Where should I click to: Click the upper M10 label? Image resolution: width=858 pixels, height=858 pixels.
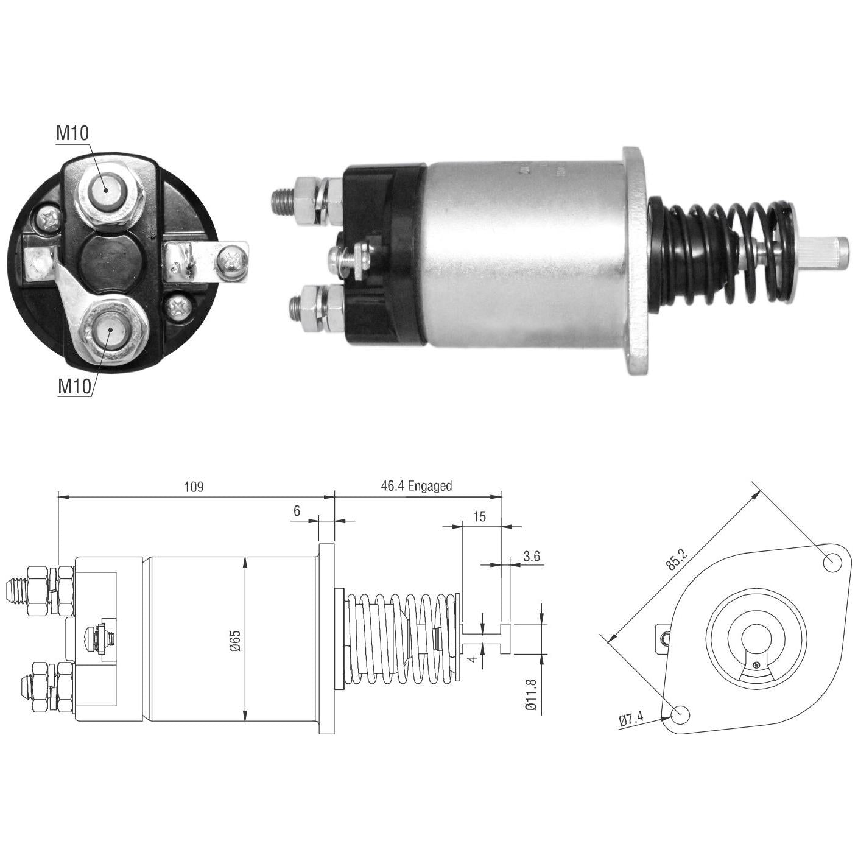[72, 133]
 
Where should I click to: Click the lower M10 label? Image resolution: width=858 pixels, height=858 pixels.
[75, 387]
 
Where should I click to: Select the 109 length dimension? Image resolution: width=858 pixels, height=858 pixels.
[194, 487]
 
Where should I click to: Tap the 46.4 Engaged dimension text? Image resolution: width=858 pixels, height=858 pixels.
[417, 486]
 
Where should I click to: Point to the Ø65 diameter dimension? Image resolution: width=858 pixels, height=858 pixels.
[236, 640]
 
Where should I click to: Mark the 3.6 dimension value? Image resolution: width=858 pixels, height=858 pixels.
[532, 556]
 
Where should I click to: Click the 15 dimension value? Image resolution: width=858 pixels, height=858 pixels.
[479, 516]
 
